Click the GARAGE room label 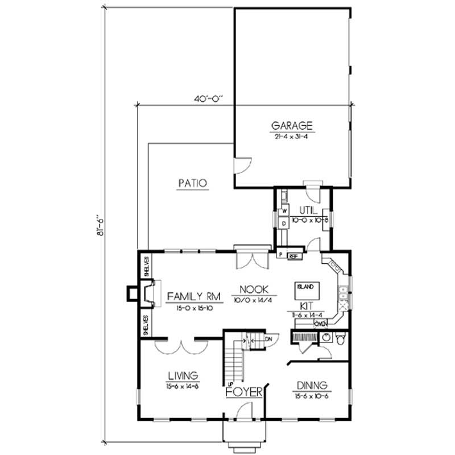pos(292,126)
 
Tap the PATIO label pos(192,183)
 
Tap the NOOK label pos(250,289)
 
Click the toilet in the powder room pos(340,340)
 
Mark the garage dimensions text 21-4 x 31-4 pos(292,136)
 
